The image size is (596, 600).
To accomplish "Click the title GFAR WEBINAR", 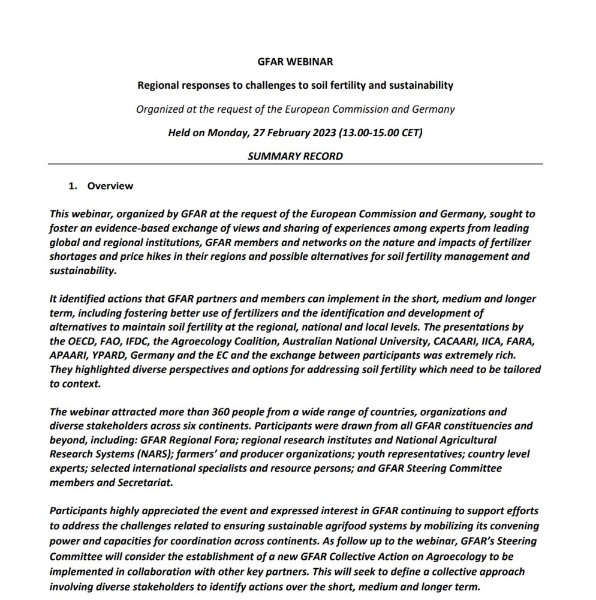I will pos(295,62).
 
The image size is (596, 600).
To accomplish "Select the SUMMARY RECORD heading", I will pos(295,156).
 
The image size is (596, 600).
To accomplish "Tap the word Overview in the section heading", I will pos(110,186).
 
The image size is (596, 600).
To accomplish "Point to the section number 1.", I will pos(73,186).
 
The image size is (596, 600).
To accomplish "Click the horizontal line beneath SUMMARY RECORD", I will pos(295,164).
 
